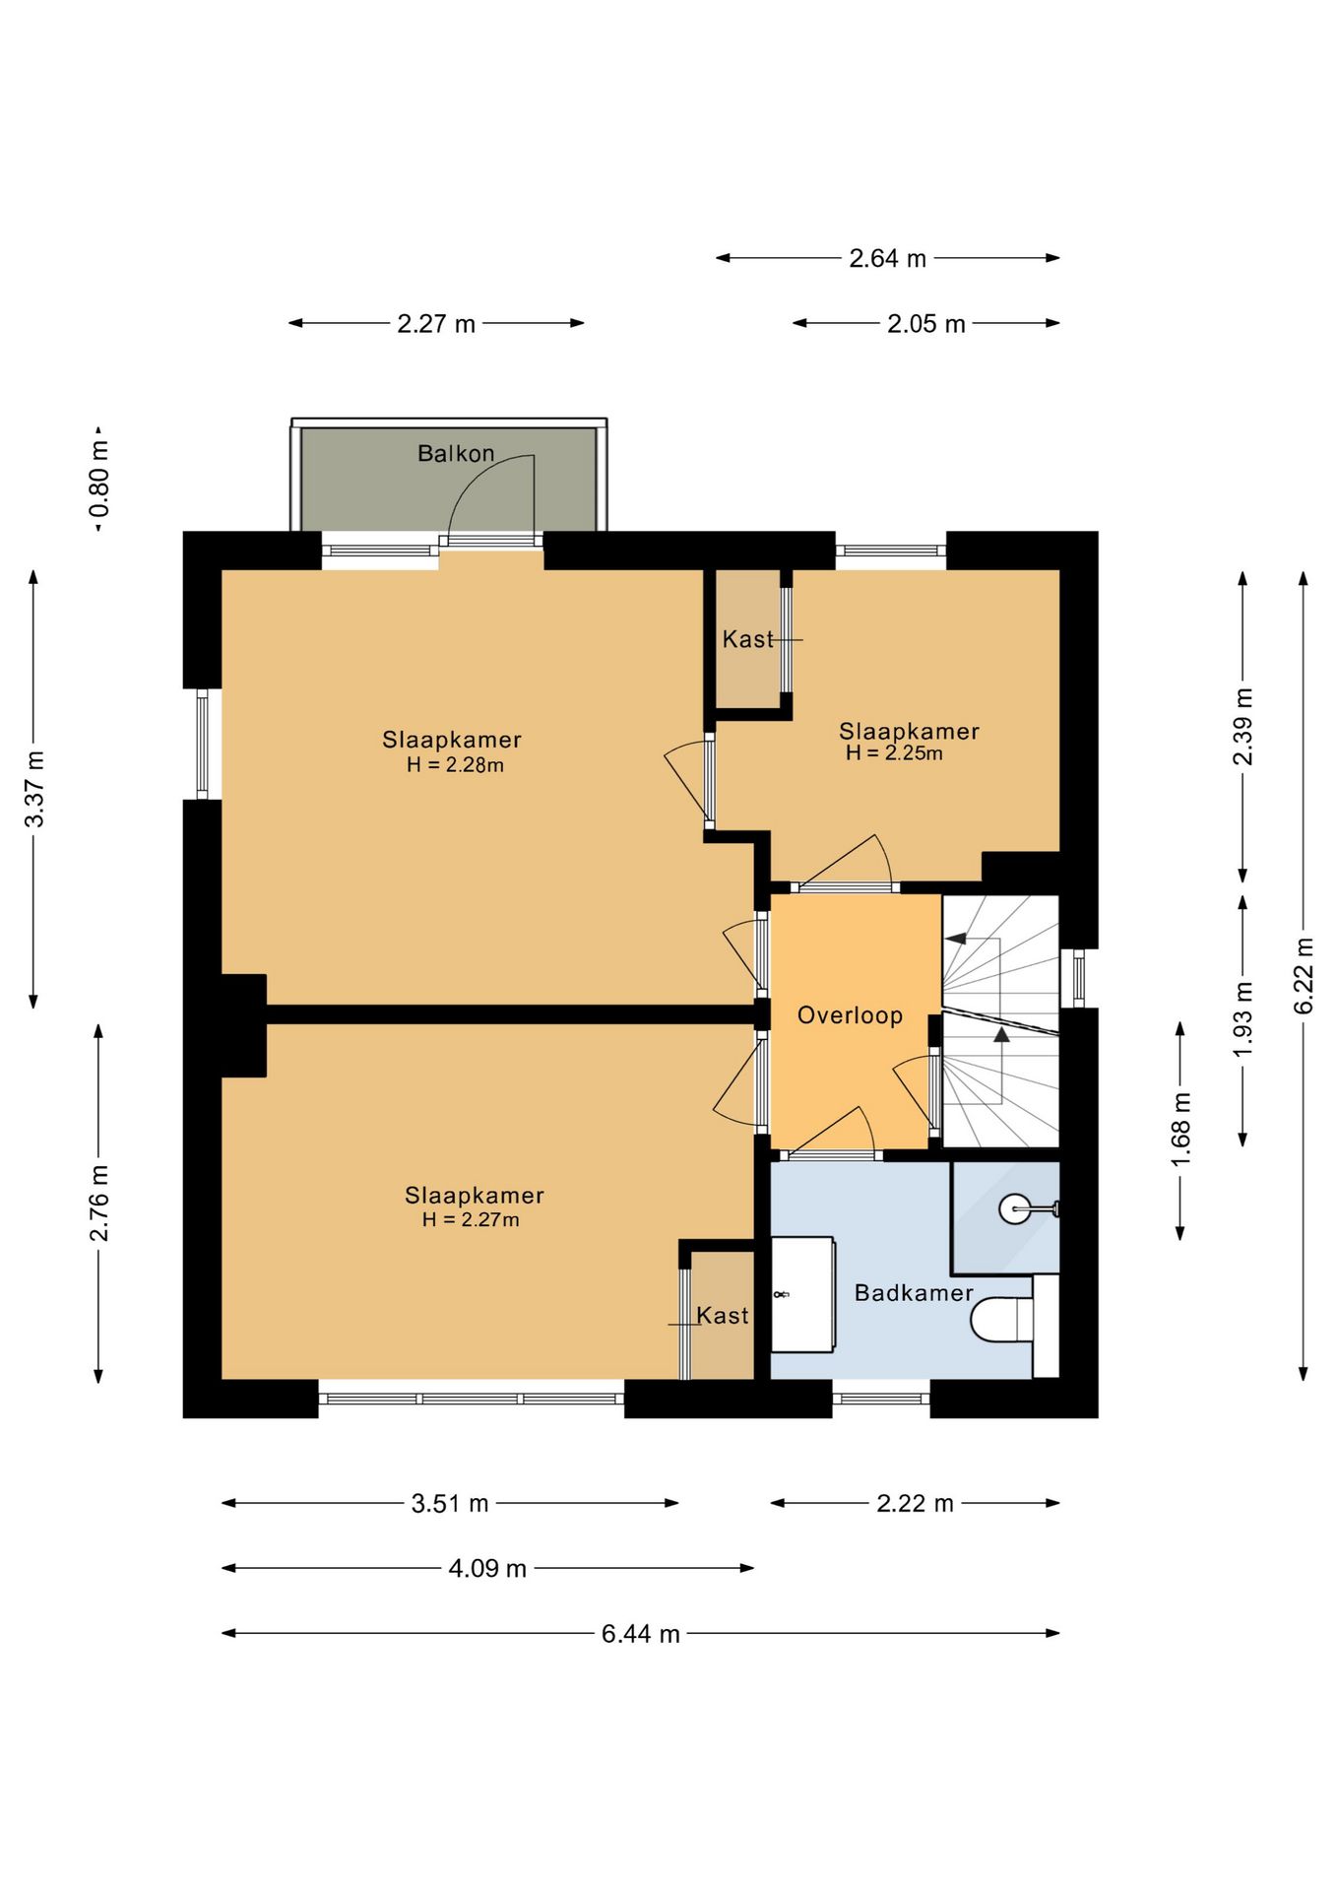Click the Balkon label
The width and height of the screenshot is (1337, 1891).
tap(456, 454)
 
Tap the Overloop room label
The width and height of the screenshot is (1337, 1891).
tap(850, 1015)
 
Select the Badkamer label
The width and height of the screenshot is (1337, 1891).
tap(914, 1293)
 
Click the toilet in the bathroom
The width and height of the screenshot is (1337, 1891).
tap(1001, 1320)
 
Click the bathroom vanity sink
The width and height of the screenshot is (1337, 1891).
tap(802, 1294)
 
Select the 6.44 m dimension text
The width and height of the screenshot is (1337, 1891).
tap(641, 1634)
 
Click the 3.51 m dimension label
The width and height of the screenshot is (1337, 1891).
tap(450, 1504)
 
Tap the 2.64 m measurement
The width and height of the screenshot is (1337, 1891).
tap(888, 259)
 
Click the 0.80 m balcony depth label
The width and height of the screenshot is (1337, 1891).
tap(99, 480)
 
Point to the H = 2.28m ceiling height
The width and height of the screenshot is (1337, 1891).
tap(455, 765)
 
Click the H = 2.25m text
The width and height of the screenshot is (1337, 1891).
tap(894, 753)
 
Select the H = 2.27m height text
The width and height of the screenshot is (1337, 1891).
tap(471, 1220)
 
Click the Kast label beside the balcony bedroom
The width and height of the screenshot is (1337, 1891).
tap(747, 640)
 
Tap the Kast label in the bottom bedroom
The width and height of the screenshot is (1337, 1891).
tap(723, 1316)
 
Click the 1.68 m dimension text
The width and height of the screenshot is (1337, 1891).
tap(1180, 1130)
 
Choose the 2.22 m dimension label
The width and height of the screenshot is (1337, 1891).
tap(916, 1504)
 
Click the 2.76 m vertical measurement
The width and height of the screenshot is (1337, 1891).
tap(99, 1203)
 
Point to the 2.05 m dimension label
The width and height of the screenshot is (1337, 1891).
tap(926, 324)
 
